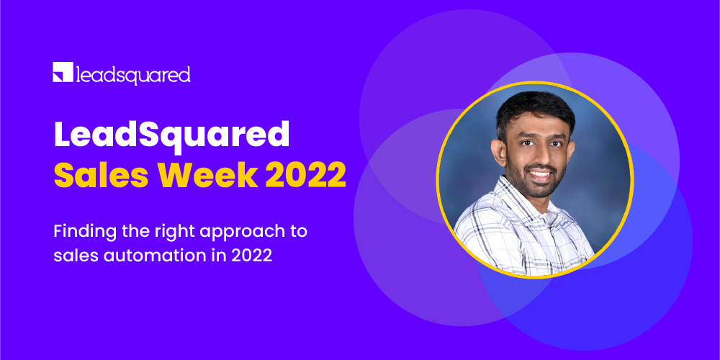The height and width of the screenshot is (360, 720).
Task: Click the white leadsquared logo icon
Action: pyautogui.click(x=63, y=73)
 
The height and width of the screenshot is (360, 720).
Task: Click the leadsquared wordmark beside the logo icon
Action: pyautogui.click(x=132, y=74)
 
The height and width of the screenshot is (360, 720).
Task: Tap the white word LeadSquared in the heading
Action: pyautogui.click(x=171, y=136)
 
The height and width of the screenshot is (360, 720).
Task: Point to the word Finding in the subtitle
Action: pyautogui.click(x=80, y=233)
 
